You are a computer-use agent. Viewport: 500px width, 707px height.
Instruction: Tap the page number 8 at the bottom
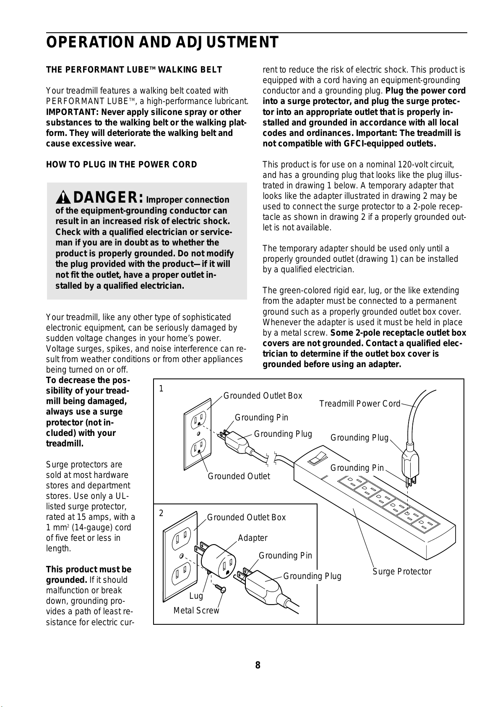pyautogui.click(x=258, y=665)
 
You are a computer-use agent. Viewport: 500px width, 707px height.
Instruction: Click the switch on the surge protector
pyautogui.click(x=317, y=458)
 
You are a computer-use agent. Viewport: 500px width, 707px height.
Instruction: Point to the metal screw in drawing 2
pyautogui.click(x=221, y=588)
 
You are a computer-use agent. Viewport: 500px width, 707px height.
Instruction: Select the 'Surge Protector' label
pyautogui.click(x=402, y=571)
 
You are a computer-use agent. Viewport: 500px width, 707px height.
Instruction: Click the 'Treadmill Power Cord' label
pyautogui.click(x=359, y=404)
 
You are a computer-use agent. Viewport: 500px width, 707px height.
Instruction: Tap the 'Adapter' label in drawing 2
pyautogui.click(x=253, y=538)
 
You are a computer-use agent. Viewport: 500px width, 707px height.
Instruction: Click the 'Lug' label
pyautogui.click(x=196, y=596)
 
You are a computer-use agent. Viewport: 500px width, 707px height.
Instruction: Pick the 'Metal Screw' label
pyautogui.click(x=196, y=610)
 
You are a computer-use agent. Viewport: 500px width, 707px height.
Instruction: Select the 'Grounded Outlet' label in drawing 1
pyautogui.click(x=239, y=476)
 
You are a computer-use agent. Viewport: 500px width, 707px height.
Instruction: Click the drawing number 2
pyautogui.click(x=161, y=513)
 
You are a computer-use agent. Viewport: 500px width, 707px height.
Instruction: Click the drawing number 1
pyautogui.click(x=161, y=389)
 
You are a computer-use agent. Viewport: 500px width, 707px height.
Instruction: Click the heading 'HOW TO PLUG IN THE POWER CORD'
pyautogui.click(x=122, y=164)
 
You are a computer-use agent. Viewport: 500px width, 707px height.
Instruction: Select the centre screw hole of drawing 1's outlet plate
pyautogui.click(x=198, y=433)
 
